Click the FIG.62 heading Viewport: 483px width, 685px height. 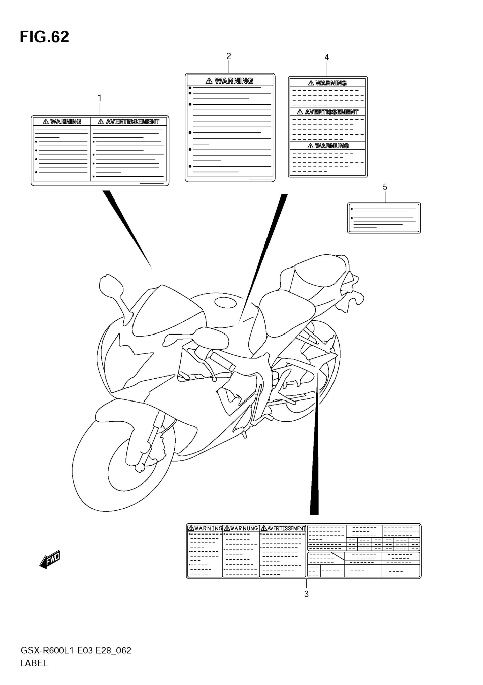pyautogui.click(x=44, y=37)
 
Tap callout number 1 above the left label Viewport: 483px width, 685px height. pyautogui.click(x=100, y=98)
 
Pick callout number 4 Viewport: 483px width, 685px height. pyautogui.click(x=326, y=57)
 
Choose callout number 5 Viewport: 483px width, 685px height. pyautogui.click(x=385, y=187)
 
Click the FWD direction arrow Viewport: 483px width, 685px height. pyautogui.click(x=50, y=559)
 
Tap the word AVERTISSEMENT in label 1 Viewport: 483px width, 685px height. pyautogui.click(x=132, y=122)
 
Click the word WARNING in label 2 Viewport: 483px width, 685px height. pyautogui.click(x=234, y=81)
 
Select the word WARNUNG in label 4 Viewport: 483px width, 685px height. pyautogui.click(x=332, y=146)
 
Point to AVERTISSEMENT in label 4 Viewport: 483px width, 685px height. pyautogui.click(x=331, y=112)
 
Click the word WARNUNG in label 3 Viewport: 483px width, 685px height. pyautogui.click(x=244, y=528)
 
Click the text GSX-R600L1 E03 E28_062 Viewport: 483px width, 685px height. pyautogui.click(x=76, y=650)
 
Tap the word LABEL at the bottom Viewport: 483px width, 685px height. pyautogui.click(x=34, y=663)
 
